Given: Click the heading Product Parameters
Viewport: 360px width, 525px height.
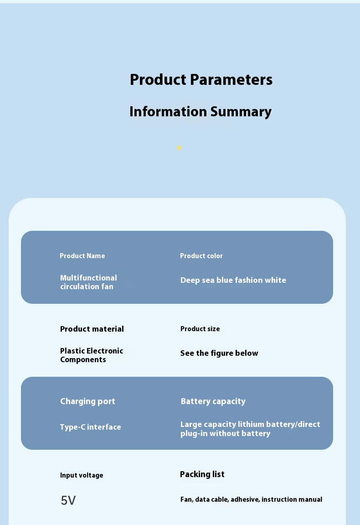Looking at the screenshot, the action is (201, 80).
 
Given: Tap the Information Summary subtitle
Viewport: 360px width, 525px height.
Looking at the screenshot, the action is (201, 112).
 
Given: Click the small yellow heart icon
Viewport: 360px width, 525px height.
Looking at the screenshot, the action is (180, 148).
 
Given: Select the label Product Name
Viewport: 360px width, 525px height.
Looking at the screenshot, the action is (82, 256).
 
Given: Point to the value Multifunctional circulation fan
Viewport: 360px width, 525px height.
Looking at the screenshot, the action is (88, 282).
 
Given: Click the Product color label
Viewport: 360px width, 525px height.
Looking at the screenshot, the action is (201, 256).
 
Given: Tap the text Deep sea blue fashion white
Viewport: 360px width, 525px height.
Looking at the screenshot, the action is (233, 280).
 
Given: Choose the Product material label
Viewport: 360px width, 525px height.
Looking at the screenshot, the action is (92, 329).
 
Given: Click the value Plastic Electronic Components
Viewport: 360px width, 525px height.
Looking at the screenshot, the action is (92, 355).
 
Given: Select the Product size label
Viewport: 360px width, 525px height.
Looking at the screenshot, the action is (200, 329).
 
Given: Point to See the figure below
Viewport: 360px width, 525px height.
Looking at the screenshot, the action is (219, 353).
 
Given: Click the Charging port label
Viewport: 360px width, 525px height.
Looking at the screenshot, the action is (87, 401).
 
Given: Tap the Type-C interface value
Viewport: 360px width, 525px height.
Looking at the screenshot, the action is (90, 427).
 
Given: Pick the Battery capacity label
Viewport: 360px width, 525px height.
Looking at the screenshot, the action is (213, 401).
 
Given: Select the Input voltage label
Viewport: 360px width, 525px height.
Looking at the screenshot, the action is (82, 475).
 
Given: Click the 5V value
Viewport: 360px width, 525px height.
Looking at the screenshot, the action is (68, 500).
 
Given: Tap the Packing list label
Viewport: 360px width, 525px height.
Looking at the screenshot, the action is (202, 474).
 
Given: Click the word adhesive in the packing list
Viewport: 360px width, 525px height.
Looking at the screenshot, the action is (245, 499).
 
